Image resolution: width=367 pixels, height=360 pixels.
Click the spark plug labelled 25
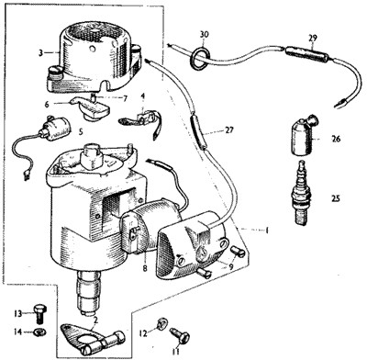(x=301, y=193)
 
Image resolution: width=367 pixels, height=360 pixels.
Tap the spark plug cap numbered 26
(x=304, y=136)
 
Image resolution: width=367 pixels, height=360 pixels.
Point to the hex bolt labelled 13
(x=39, y=313)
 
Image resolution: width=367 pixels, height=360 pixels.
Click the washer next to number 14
(x=39, y=332)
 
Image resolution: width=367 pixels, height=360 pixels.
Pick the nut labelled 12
(x=161, y=323)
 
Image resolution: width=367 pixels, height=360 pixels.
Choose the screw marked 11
(x=180, y=334)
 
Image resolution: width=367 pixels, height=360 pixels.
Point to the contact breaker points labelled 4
(x=141, y=121)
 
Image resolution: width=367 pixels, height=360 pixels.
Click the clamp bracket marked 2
(x=92, y=339)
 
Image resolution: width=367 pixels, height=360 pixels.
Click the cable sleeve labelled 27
(x=198, y=131)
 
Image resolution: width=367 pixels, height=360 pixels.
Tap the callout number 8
(x=145, y=268)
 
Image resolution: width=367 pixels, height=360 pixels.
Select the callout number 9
(x=231, y=266)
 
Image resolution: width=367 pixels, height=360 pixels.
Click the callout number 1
(x=267, y=231)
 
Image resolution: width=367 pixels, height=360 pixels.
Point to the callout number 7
(x=125, y=98)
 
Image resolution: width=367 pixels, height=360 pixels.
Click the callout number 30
(x=205, y=34)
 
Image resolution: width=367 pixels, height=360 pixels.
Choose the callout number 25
(x=335, y=198)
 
